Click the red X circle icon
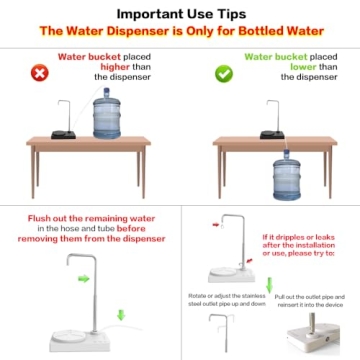[x=39, y=73]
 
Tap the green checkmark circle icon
[x=222, y=73]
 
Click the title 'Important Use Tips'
[x=180, y=14]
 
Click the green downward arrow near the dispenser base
[x=121, y=315]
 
